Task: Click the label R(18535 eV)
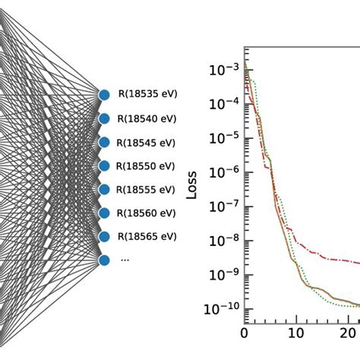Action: coord(147,95)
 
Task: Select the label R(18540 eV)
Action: coord(147,118)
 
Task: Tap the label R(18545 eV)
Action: coord(147,142)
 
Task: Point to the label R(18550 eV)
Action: coord(147,166)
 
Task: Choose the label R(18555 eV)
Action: coord(147,189)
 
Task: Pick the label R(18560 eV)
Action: coord(147,213)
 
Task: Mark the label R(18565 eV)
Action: coord(147,236)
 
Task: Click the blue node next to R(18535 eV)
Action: coord(104,95)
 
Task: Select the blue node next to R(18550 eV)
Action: coord(104,166)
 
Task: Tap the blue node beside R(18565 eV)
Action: coord(104,236)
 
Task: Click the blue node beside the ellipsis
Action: coord(104,260)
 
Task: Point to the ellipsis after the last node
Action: coord(125,260)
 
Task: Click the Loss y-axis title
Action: coord(192,187)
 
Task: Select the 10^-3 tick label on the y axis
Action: coord(223,71)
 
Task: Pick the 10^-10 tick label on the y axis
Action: coord(221,309)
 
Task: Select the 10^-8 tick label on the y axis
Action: coord(223,241)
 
